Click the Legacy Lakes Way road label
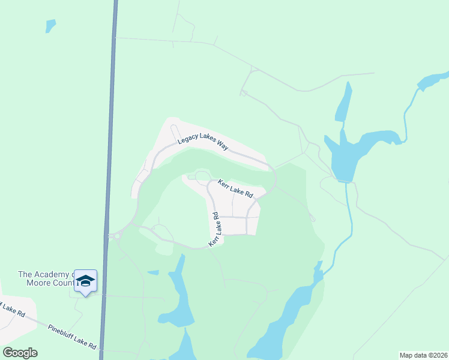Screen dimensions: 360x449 pyautogui.click(x=202, y=145)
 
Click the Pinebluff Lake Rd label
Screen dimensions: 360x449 pyautogui.click(x=72, y=337)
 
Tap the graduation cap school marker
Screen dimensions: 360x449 pyautogui.click(x=85, y=281)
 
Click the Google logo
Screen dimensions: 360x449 pyautogui.click(x=20, y=353)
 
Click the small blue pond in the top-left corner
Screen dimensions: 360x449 pyautogui.click(x=50, y=26)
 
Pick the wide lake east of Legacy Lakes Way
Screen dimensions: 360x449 pyautogui.click(x=354, y=150)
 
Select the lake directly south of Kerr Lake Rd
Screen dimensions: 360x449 pyautogui.click(x=180, y=300)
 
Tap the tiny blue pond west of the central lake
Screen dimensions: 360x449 pyautogui.click(x=153, y=272)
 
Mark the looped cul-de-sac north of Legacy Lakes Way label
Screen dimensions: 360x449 pyautogui.click(x=175, y=130)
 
